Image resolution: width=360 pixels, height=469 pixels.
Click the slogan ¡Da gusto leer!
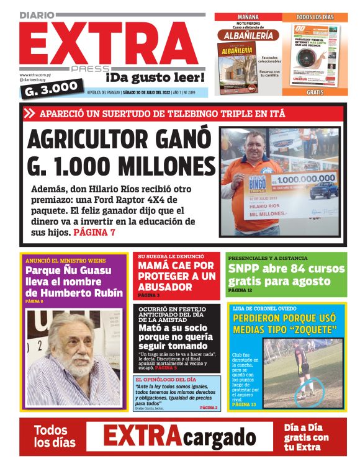[x=155, y=78]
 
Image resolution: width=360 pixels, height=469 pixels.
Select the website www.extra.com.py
[x=39, y=74]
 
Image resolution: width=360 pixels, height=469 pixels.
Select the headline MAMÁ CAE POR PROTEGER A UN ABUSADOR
[x=176, y=276]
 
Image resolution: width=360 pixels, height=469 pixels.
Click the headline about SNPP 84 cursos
[x=286, y=275]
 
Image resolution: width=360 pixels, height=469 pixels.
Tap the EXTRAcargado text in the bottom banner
[x=179, y=437]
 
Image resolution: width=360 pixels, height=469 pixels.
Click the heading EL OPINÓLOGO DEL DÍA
[x=161, y=379]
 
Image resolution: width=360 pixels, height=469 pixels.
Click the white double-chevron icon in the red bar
[x=29, y=114]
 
